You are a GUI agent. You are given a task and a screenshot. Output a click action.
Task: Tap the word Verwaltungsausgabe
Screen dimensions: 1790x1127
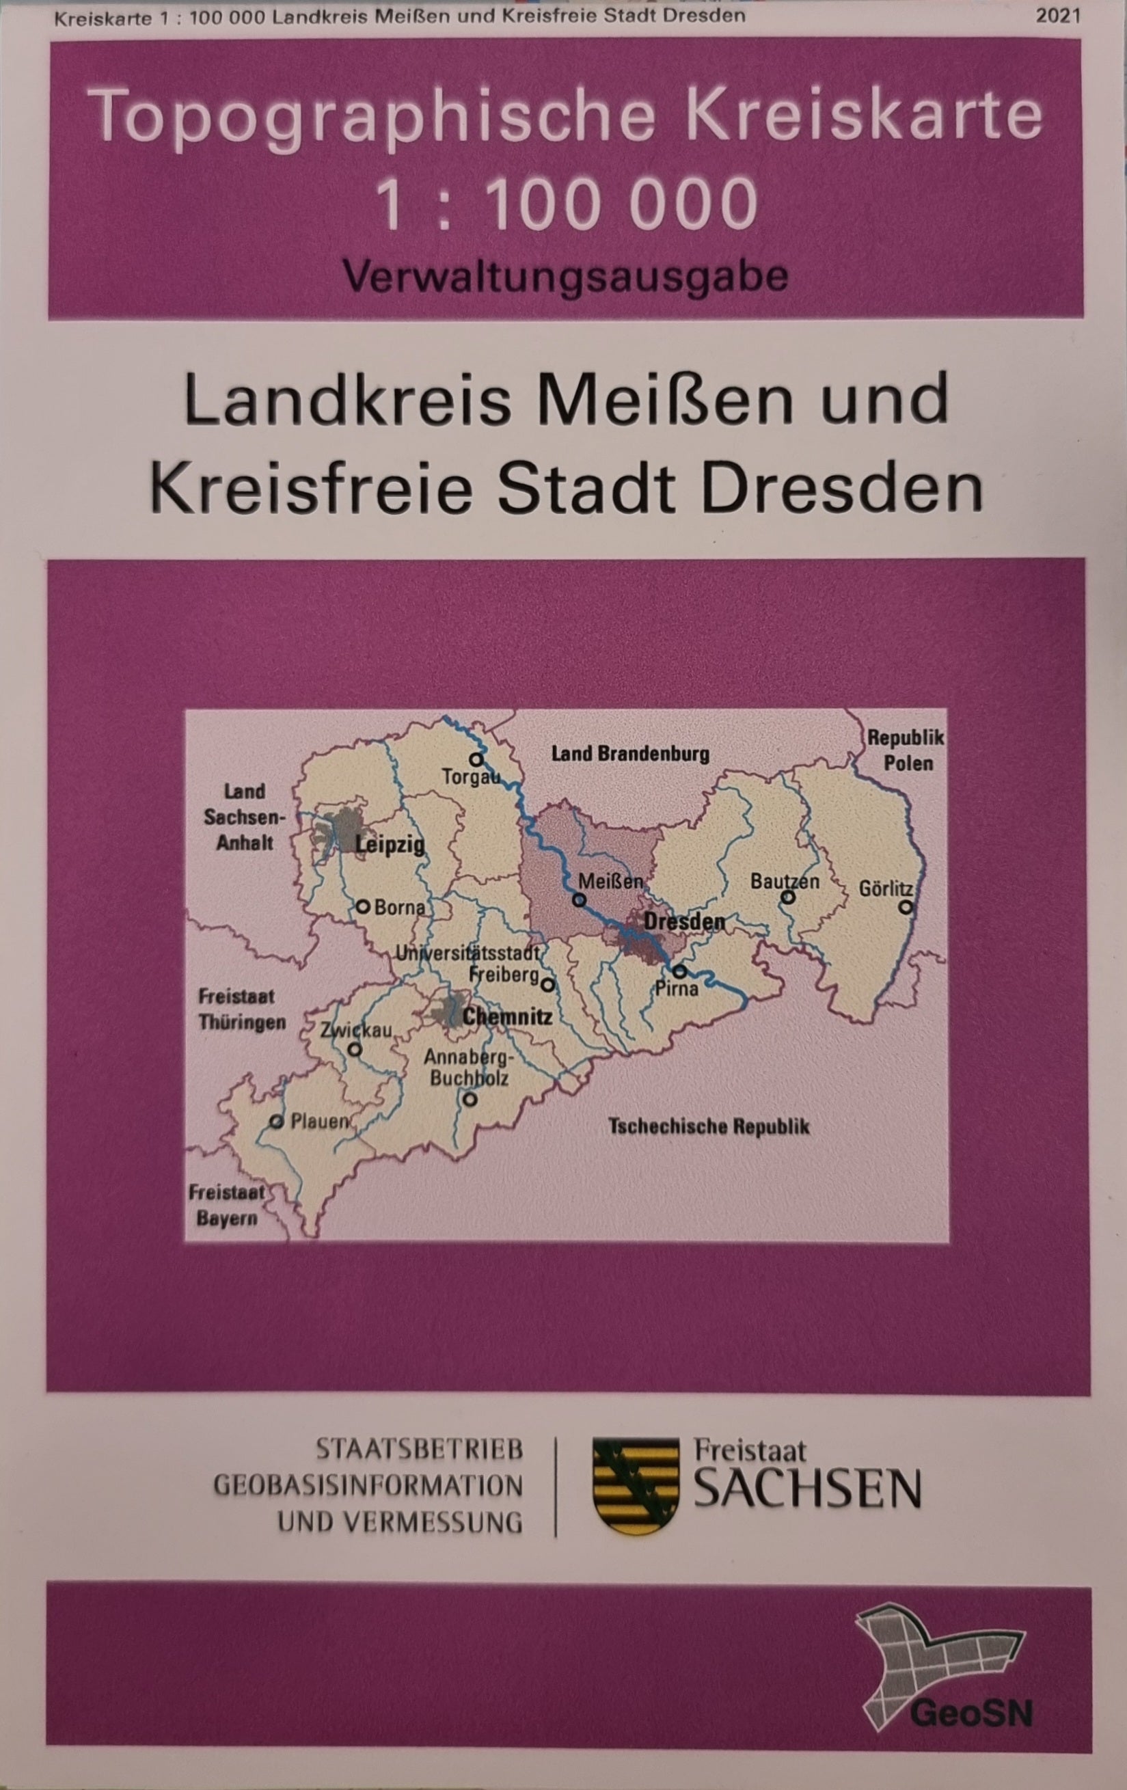[565, 277]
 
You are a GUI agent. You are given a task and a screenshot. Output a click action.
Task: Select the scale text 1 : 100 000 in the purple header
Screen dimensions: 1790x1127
[567, 202]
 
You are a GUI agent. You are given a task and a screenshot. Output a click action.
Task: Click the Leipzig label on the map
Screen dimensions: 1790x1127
[390, 845]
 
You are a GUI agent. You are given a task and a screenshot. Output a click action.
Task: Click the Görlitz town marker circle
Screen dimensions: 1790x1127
[905, 907]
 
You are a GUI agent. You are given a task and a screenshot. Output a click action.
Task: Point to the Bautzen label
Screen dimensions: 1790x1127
[785, 882]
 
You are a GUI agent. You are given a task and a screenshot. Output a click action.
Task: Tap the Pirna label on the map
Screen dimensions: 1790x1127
[677, 989]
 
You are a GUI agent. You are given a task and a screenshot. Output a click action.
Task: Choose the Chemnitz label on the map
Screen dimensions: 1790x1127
[507, 1016]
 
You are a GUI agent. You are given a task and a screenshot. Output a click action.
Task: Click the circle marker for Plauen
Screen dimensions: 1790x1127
[277, 1122]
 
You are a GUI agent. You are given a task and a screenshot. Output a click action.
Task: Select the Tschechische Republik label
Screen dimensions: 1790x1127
[709, 1127]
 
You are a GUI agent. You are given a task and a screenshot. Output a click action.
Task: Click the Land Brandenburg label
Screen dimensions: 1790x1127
[629, 755]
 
